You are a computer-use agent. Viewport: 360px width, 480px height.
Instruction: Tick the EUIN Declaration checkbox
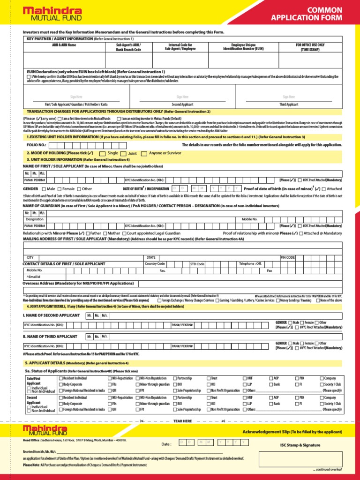(x=29, y=76)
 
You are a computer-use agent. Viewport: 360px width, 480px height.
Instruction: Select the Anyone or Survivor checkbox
(x=144, y=153)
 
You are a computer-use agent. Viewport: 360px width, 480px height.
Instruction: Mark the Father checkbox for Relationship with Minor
(x=88, y=233)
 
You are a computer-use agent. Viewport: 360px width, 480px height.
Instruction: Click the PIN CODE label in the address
(x=287, y=257)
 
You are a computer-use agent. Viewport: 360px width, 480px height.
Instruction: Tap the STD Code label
(x=197, y=264)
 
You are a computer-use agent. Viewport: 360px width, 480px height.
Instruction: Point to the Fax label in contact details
(x=269, y=270)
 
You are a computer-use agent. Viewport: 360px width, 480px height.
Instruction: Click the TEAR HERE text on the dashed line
(x=183, y=421)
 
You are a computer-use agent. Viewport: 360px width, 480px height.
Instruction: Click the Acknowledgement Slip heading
(x=265, y=432)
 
